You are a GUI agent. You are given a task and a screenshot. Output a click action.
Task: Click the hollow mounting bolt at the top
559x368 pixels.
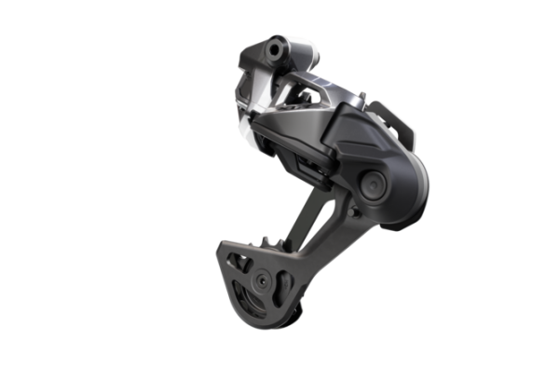[x=272, y=45]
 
